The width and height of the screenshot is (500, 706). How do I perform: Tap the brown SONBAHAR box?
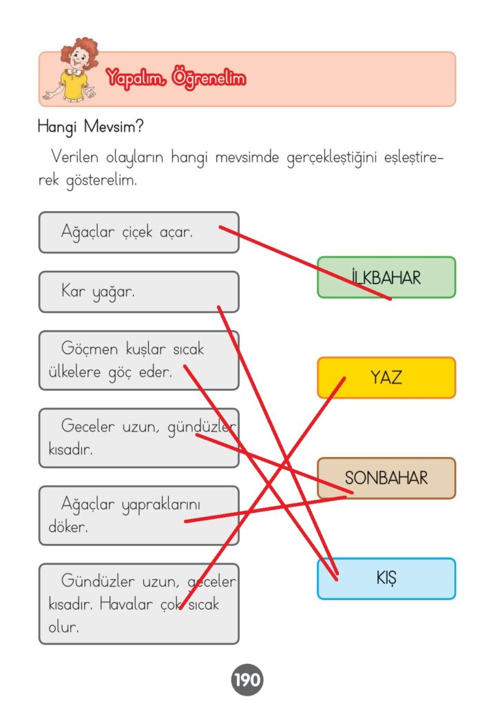(386, 478)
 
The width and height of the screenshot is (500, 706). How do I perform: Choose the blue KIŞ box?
(386, 578)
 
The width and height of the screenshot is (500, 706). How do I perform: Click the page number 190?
(247, 681)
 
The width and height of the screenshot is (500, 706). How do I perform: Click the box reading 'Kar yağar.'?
(138, 292)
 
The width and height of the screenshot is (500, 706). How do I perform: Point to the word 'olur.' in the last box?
(63, 627)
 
